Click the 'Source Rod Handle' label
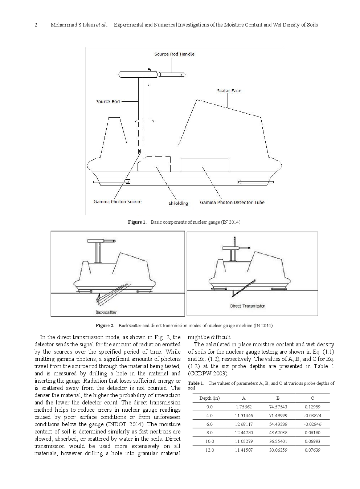(174, 54)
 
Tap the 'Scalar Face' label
(229, 90)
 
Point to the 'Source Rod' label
(108, 102)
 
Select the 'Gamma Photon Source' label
(117, 202)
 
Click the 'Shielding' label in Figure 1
(178, 203)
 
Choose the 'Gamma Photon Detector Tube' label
(232, 202)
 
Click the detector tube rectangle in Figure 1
(204, 164)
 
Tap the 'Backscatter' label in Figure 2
(106, 312)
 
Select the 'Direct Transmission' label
(247, 306)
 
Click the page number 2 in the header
(36, 25)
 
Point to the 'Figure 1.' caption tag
(136, 222)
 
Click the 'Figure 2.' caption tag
(105, 325)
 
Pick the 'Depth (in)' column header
(209, 398)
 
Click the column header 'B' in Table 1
(278, 398)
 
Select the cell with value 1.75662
(244, 407)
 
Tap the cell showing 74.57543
(278, 407)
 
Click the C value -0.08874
(312, 416)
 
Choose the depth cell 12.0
(209, 450)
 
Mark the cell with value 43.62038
(278, 433)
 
